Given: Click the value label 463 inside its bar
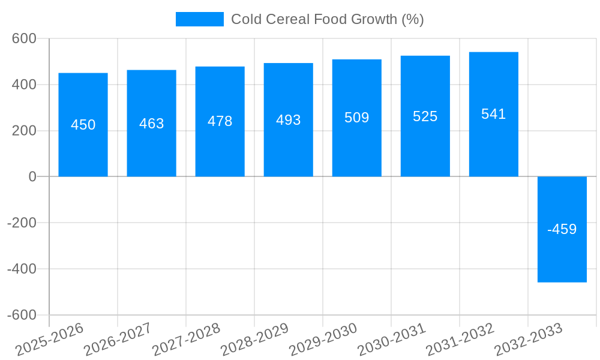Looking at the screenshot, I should tap(151, 124).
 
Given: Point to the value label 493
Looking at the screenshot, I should tap(288, 120).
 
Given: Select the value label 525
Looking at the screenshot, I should tap(425, 116).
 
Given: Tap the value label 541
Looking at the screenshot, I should tap(493, 114).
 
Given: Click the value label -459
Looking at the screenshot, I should tap(562, 229).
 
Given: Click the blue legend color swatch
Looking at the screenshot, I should tap(199, 19).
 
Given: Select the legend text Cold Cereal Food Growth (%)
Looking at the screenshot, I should tap(327, 19).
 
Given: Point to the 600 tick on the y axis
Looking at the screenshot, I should tap(25, 38).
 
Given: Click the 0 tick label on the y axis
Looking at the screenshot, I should tap(32, 176).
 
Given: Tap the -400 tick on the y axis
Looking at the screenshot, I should tap(22, 269).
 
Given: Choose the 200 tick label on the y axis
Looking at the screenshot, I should tap(25, 131).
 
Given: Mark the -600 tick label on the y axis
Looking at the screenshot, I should tap(22, 315).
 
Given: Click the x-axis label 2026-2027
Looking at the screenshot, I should tap(118, 340).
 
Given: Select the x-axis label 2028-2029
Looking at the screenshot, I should tap(254, 340).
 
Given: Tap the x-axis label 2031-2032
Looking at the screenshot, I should tap(460, 340).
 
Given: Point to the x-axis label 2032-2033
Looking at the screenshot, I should tap(528, 340).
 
